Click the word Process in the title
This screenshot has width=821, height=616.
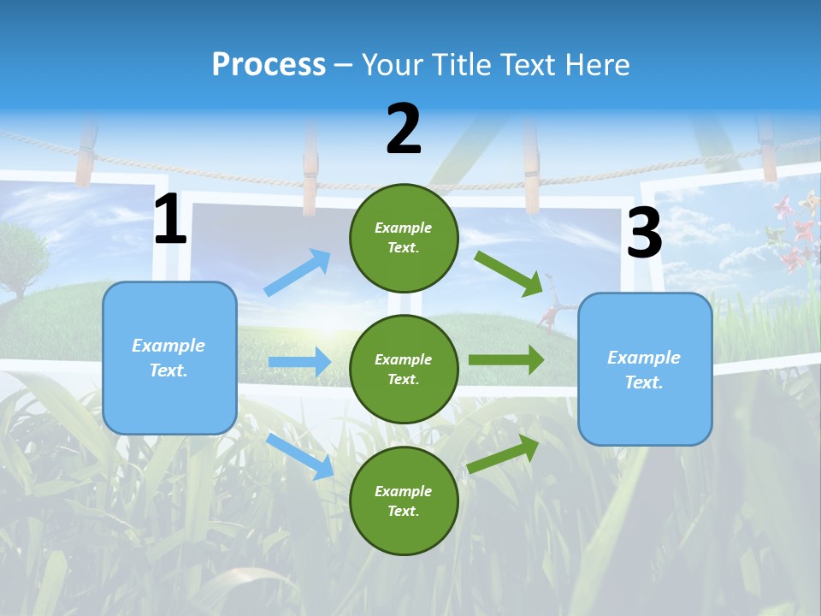[x=269, y=64]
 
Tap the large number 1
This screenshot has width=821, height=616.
[x=170, y=220]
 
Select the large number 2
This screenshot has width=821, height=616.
[x=404, y=130]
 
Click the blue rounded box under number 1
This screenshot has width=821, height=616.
[x=169, y=358]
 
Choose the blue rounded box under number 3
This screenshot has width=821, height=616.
[x=645, y=369]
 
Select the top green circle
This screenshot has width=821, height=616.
[x=404, y=237]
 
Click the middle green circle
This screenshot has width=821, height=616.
[x=404, y=369]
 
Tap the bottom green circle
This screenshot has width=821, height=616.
[x=404, y=500]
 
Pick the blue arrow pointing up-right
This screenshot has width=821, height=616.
[x=298, y=272]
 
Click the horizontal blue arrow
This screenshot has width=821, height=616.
[x=299, y=362]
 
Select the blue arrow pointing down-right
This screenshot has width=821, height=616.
[x=300, y=456]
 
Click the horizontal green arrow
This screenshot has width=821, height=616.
[x=506, y=360]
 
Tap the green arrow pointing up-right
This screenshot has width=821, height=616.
[x=504, y=453]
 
